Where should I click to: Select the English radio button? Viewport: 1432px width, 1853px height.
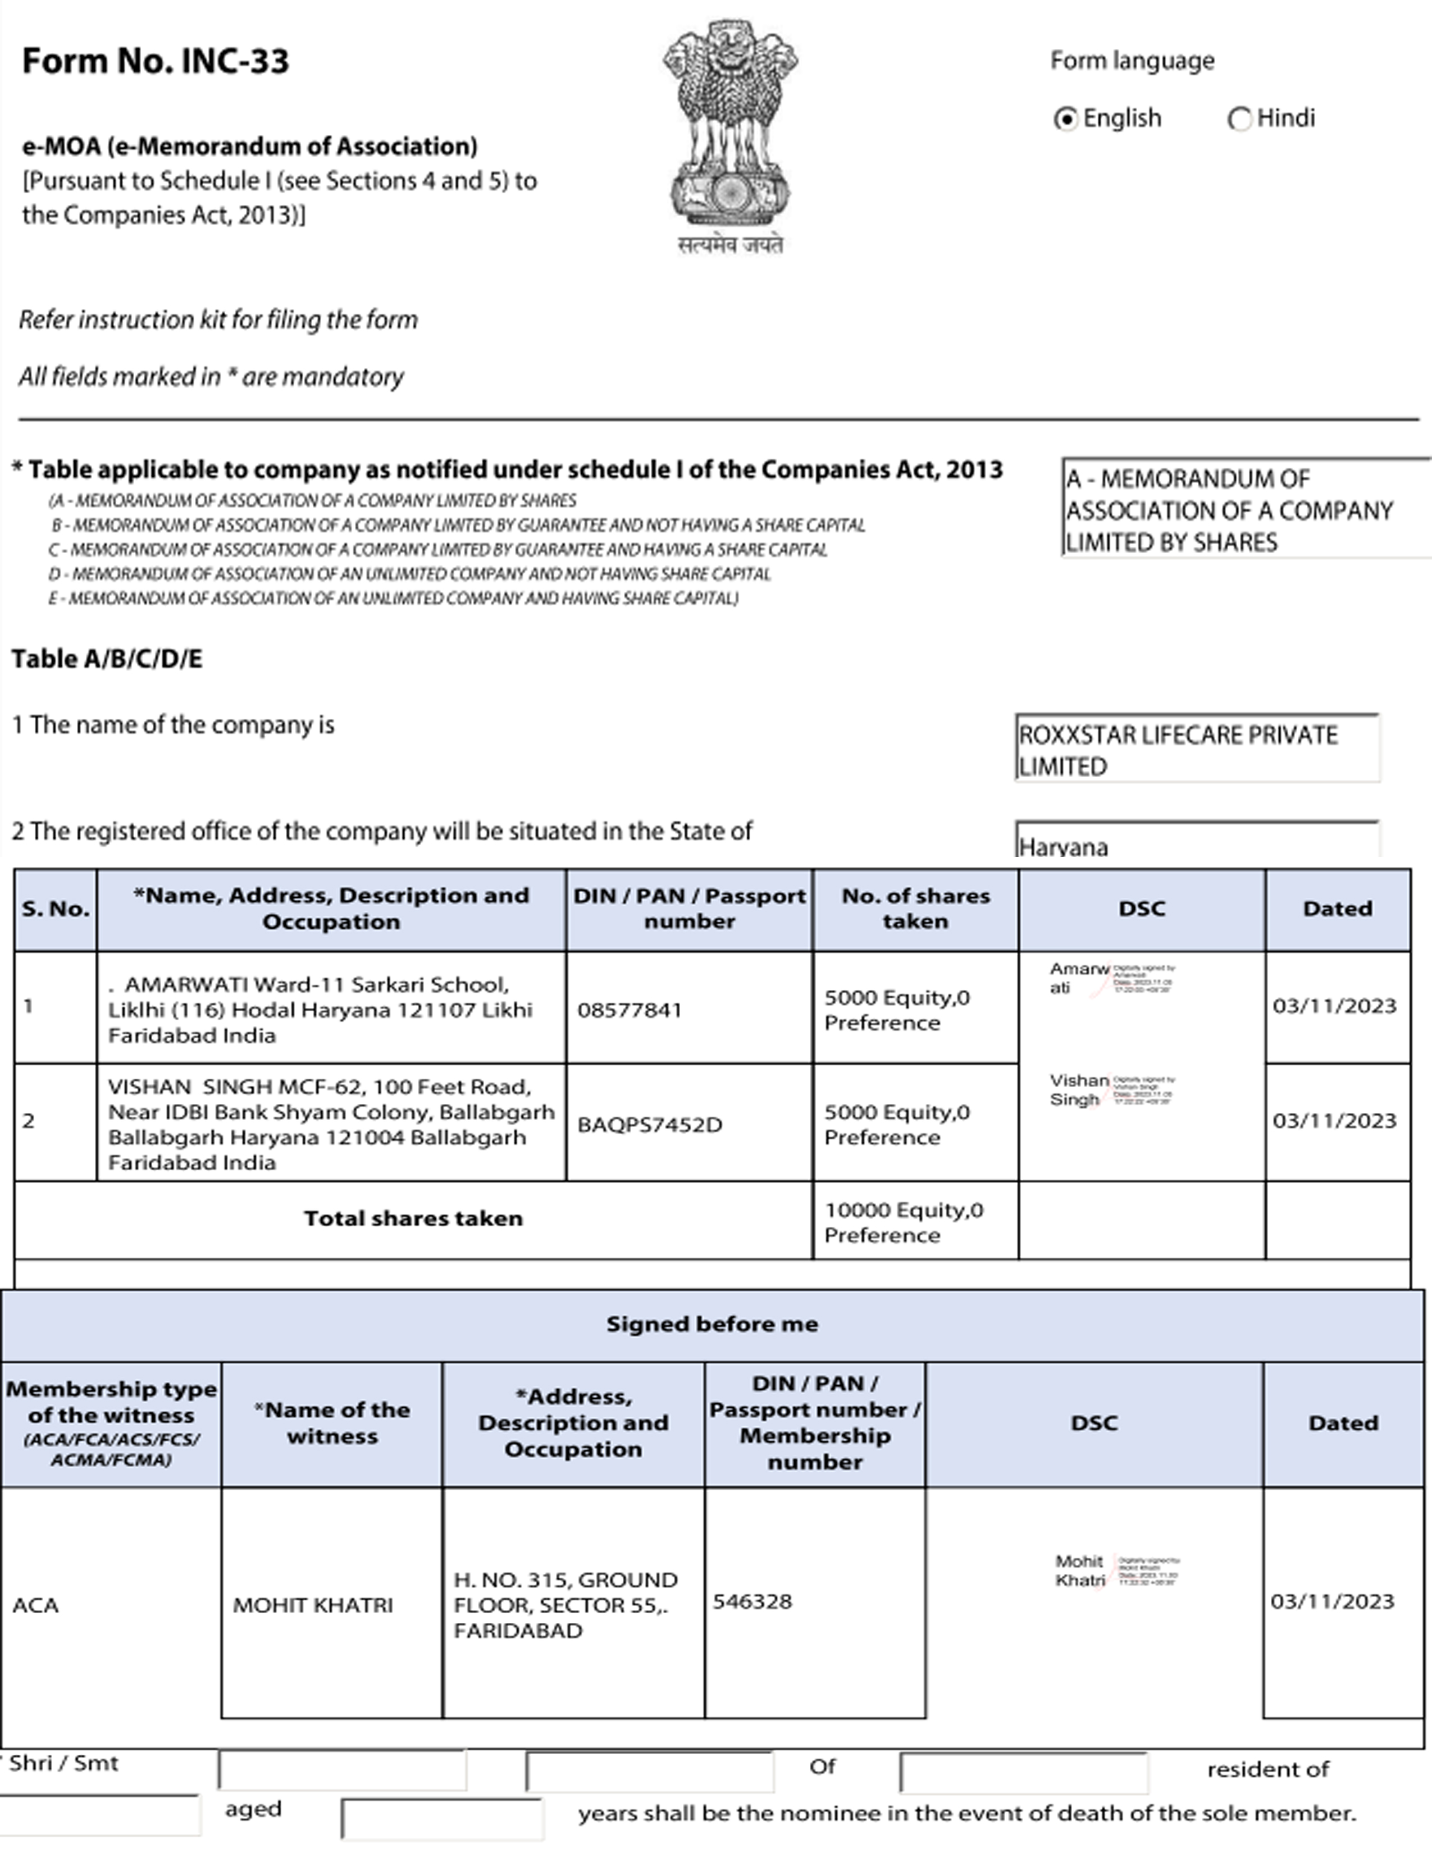coord(1065,119)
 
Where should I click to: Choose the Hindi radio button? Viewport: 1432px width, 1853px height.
coord(1239,119)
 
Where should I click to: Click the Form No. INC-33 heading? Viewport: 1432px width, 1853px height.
coord(155,61)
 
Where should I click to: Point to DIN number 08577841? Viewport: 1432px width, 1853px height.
coord(630,1010)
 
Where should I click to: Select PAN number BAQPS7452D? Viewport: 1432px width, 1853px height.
coord(650,1124)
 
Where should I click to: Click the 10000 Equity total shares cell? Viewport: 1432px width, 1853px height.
coord(904,1222)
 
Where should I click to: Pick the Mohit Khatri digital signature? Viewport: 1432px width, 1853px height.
coord(1116,1571)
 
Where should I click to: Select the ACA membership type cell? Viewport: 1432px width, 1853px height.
coord(35,1605)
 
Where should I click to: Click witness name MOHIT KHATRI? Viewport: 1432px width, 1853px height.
coord(313,1605)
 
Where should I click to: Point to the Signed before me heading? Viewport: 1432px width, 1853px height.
coord(712,1325)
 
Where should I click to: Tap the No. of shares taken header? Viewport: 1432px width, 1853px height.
coord(915,908)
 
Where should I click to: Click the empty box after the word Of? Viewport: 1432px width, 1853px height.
coord(1023,1772)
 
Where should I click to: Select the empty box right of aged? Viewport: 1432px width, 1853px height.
coord(441,1818)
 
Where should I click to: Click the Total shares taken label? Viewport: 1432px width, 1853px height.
coord(413,1218)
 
